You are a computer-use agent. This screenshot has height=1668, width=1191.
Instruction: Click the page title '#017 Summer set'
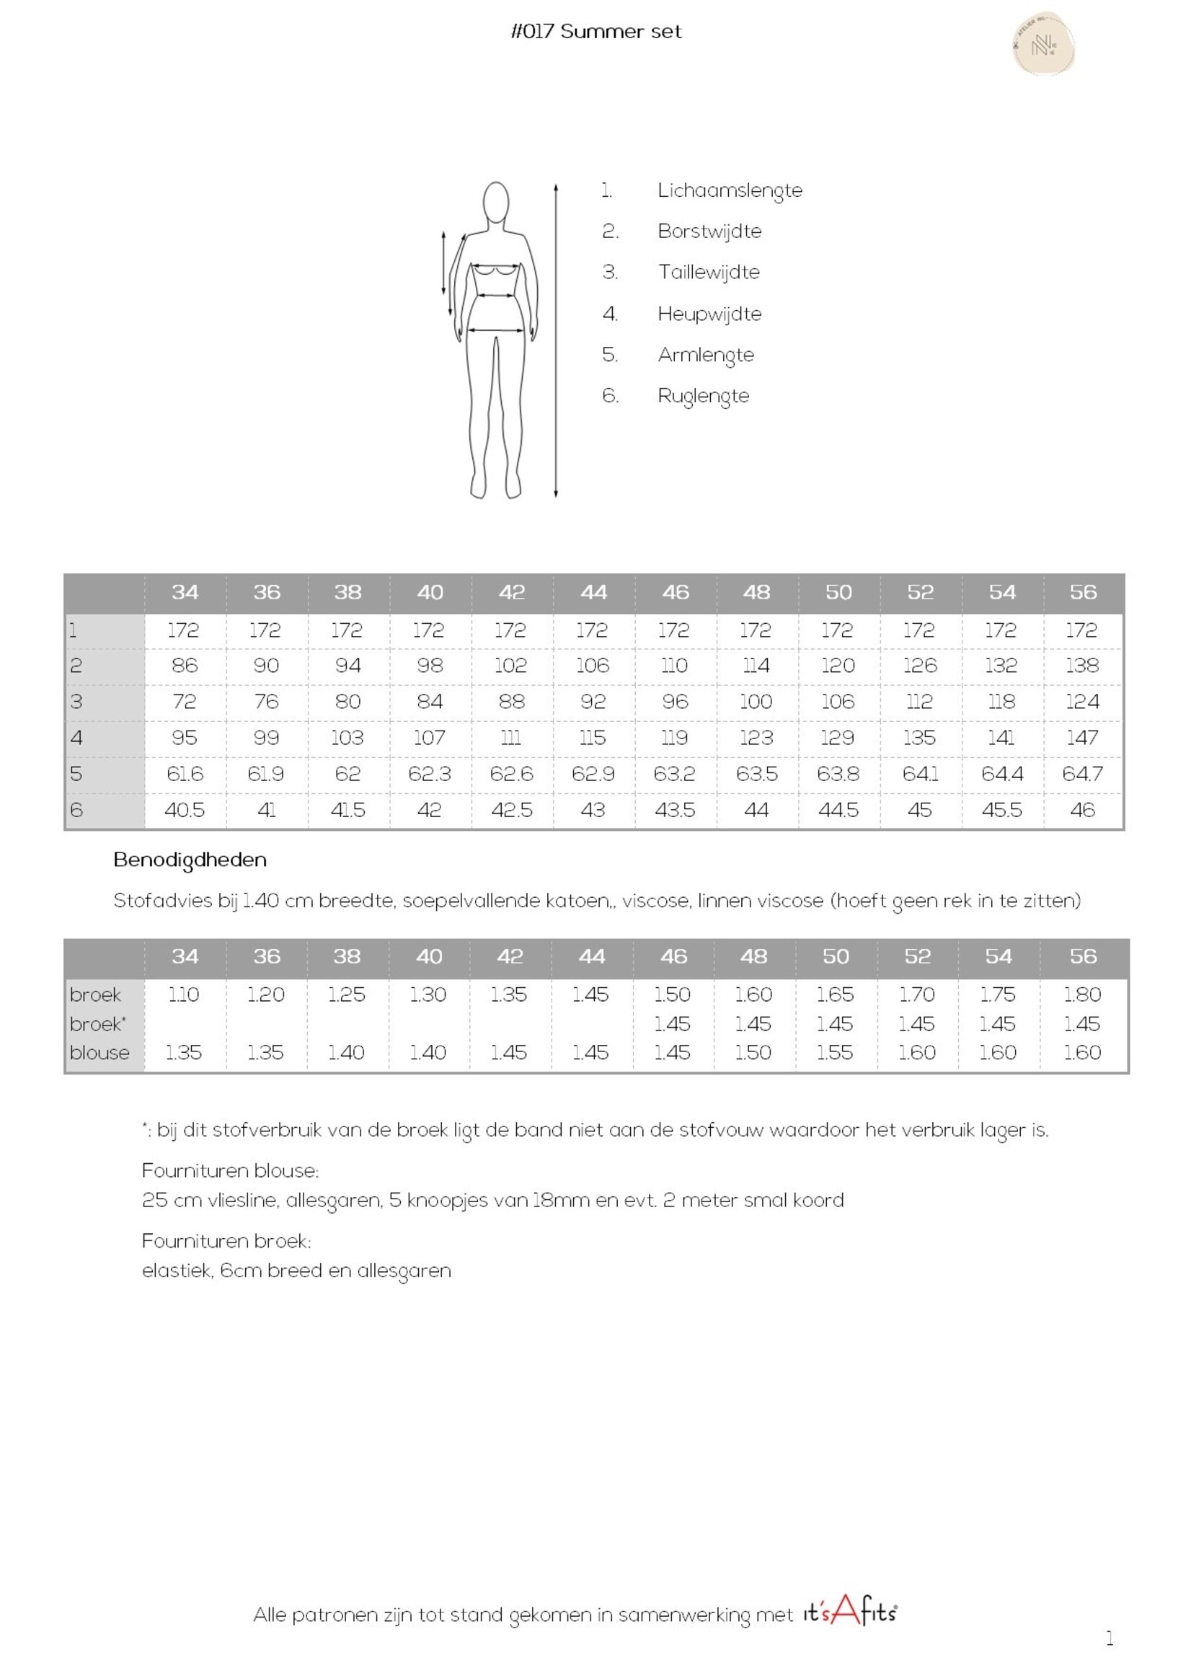595,32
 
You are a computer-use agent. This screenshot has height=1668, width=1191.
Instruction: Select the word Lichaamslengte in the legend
729,190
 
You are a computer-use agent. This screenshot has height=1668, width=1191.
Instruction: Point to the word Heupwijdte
709,314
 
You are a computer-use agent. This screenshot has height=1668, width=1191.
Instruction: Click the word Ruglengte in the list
703,396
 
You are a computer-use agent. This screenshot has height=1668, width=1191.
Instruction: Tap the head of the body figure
497,201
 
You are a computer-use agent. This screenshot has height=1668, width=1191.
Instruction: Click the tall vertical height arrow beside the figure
556,341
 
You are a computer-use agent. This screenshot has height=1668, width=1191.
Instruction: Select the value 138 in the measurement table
1081,666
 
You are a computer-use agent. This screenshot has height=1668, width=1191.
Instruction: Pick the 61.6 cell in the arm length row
184,774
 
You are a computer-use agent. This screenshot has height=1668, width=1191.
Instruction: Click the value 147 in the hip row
1081,737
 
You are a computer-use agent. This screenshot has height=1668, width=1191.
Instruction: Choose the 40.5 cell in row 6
184,810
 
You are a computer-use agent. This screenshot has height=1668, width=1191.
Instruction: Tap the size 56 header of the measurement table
1082,592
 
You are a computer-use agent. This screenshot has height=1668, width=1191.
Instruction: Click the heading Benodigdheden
190,860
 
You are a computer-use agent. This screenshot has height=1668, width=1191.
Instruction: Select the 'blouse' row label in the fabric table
99,1053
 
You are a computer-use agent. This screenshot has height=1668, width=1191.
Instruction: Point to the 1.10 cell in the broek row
183,994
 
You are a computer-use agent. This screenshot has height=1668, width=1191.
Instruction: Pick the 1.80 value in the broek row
1081,994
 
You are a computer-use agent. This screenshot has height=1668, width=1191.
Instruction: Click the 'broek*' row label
97,1024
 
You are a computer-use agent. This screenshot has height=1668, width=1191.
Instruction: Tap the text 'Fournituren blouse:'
229,1170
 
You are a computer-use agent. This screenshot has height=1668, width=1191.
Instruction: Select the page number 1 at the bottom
1110,1638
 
